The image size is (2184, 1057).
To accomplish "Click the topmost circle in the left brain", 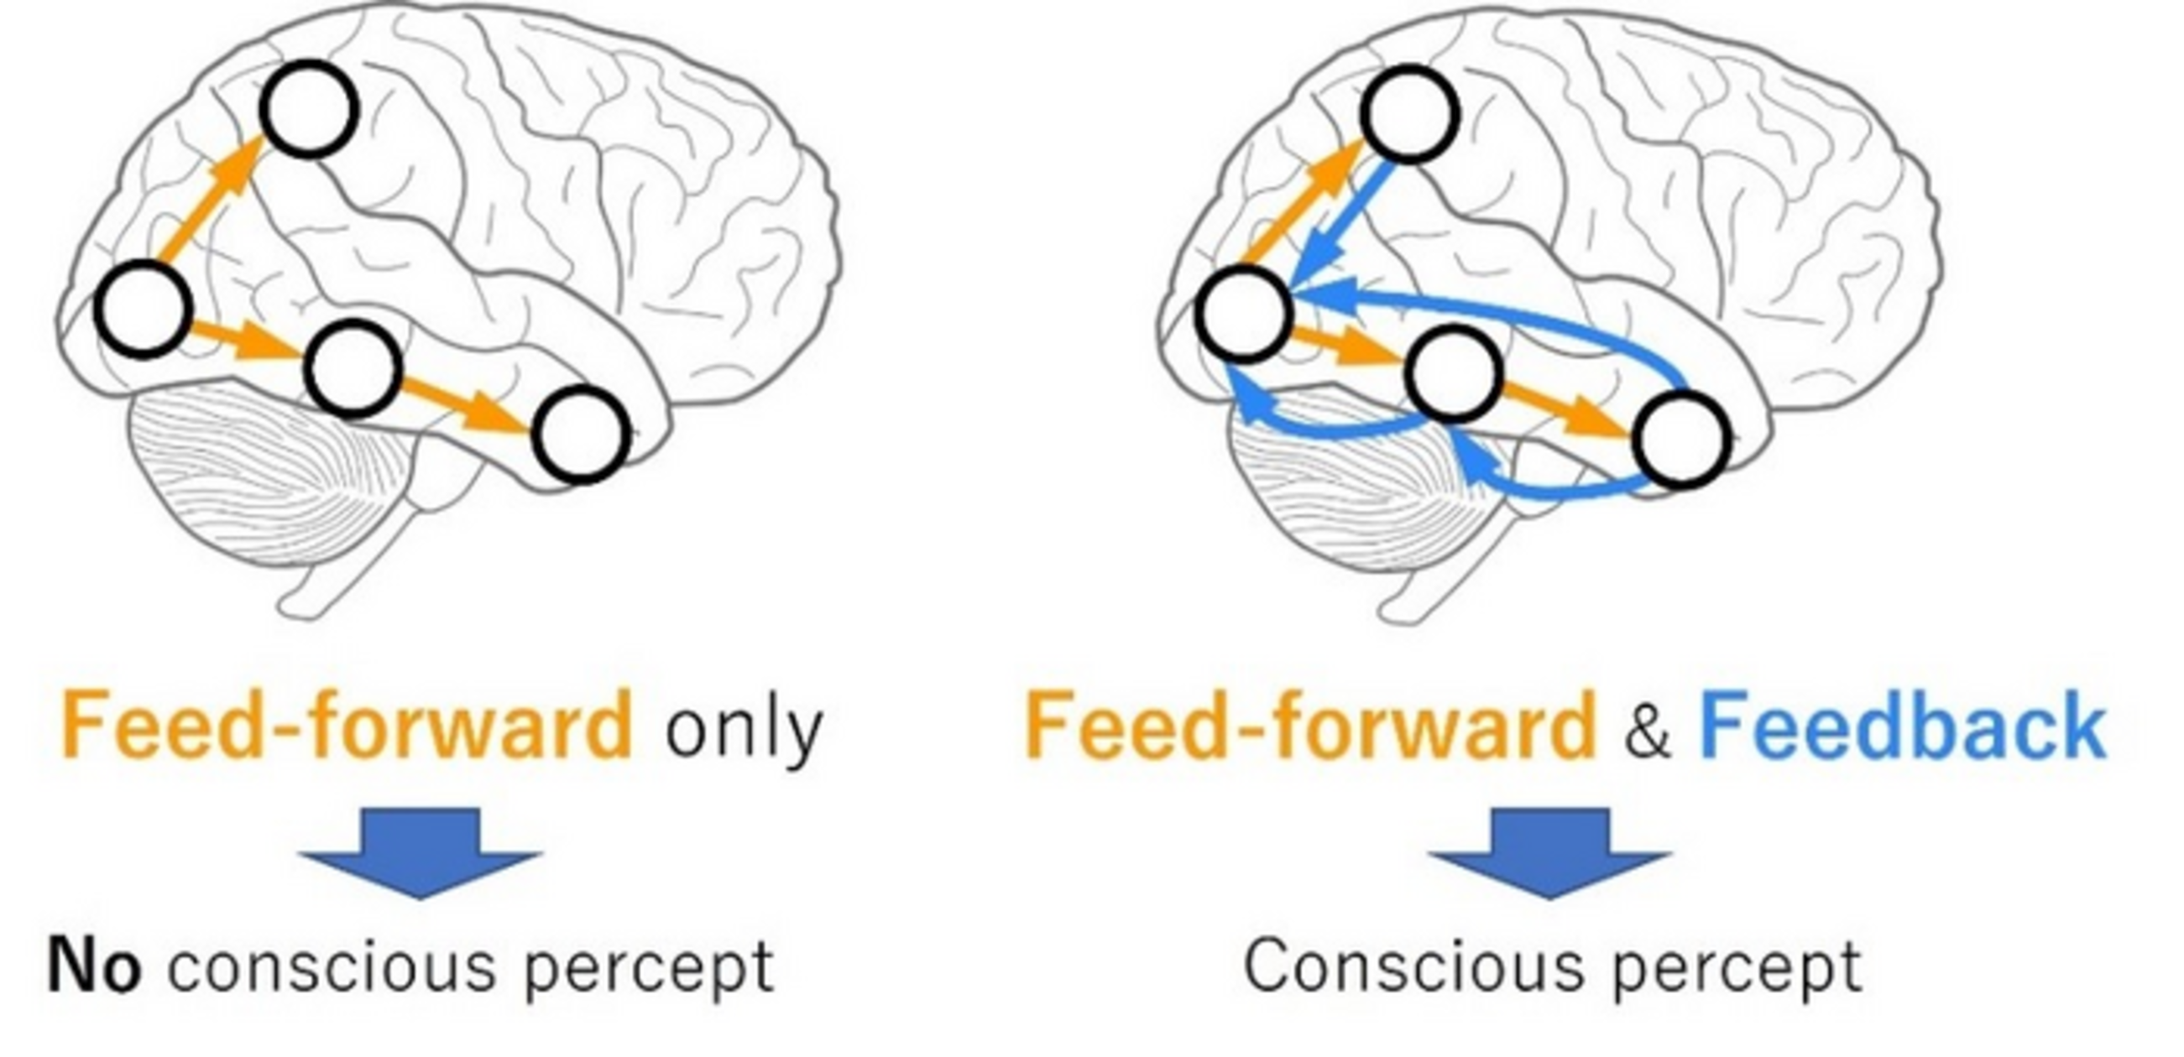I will [307, 109].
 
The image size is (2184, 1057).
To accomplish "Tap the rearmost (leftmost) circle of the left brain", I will [142, 309].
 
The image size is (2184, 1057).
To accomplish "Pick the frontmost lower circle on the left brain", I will [581, 434].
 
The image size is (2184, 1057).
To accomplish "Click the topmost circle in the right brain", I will [1410, 113].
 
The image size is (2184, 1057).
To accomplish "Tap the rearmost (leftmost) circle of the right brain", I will [1244, 314].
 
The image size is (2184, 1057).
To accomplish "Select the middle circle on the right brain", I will [1453, 374].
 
